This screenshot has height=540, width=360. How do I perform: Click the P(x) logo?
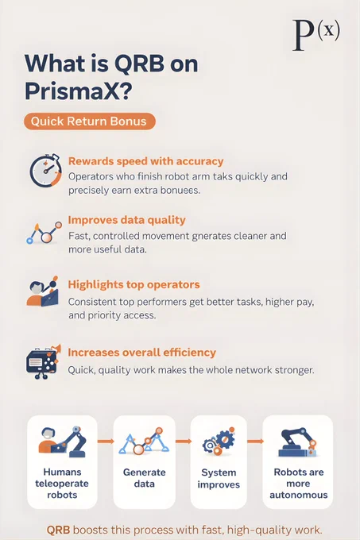pyautogui.click(x=316, y=34)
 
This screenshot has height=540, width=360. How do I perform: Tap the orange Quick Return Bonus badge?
pyautogui.click(x=90, y=121)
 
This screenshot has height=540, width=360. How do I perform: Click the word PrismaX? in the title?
pyautogui.click(x=78, y=91)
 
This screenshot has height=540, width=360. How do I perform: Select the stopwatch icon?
pyautogui.click(x=45, y=171)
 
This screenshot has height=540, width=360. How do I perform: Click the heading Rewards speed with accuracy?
pyautogui.click(x=145, y=161)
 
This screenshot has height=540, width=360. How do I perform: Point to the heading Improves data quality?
pyautogui.click(x=127, y=220)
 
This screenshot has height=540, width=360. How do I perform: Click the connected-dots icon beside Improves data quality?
pyautogui.click(x=44, y=233)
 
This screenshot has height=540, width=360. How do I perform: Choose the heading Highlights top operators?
pyautogui.click(x=134, y=284)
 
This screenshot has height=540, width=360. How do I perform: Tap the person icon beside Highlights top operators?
pyautogui.click(x=42, y=291)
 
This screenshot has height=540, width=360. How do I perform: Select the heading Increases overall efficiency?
pyautogui.click(x=142, y=353)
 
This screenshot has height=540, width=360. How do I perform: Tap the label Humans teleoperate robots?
pyautogui.click(x=62, y=483)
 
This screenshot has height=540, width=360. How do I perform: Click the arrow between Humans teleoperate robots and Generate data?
pyautogui.click(x=106, y=442)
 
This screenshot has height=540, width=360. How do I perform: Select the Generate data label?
pyautogui.click(x=145, y=478)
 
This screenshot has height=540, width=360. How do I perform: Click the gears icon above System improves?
pyautogui.click(x=219, y=442)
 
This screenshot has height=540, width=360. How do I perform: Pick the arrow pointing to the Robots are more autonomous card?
pyautogui.click(x=255, y=442)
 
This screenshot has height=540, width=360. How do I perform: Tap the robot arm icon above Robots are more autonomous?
pyautogui.click(x=298, y=442)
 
